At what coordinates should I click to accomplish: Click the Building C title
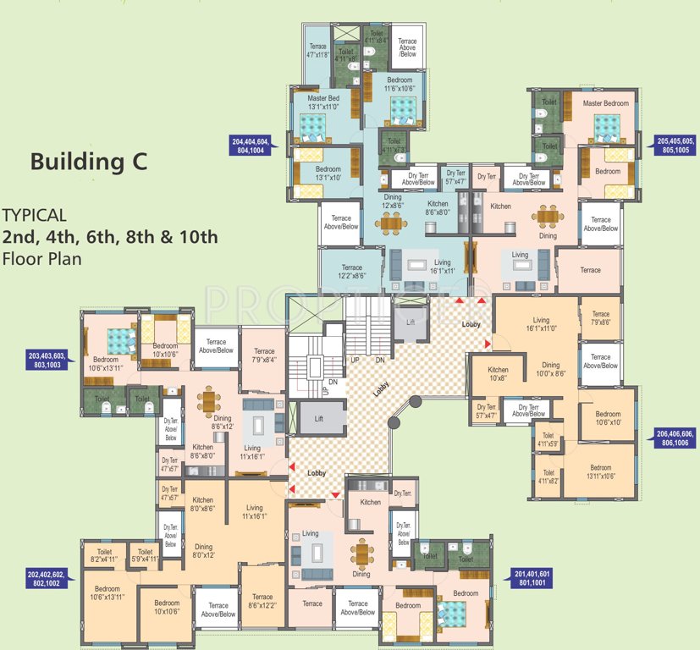(88, 162)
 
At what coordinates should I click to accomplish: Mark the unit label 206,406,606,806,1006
(675, 438)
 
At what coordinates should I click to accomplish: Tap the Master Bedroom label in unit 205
(606, 103)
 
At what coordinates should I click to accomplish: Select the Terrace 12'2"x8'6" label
(351, 271)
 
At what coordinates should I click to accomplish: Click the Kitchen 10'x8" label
(498, 374)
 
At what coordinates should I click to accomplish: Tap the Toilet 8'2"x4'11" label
(104, 555)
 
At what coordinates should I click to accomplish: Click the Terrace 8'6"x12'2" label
(262, 601)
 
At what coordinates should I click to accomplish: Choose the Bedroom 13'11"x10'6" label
(600, 472)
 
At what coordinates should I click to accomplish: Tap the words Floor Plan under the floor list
(41, 259)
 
